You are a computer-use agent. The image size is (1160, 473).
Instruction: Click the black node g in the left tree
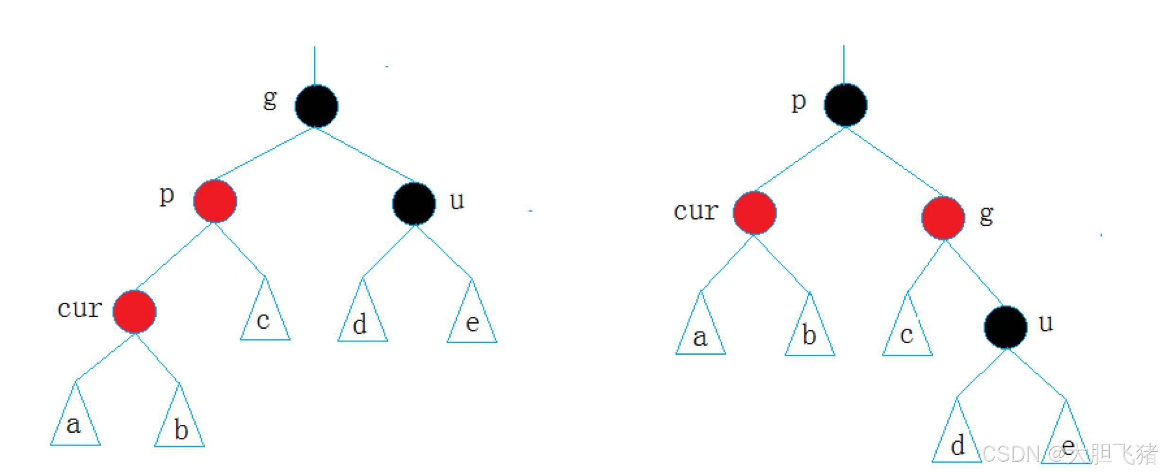pyautogui.click(x=316, y=106)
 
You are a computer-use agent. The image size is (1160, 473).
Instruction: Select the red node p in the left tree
pyautogui.click(x=215, y=201)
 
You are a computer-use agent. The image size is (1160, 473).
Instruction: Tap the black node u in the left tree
pyautogui.click(x=414, y=203)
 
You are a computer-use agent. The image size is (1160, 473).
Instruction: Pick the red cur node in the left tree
pyautogui.click(x=134, y=312)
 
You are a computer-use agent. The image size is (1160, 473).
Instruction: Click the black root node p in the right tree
pyautogui.click(x=846, y=105)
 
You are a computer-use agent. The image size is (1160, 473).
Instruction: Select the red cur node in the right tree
pyautogui.click(x=754, y=213)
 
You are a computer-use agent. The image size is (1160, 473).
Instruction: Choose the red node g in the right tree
pyautogui.click(x=943, y=218)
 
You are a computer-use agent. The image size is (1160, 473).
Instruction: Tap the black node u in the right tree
pyautogui.click(x=1005, y=327)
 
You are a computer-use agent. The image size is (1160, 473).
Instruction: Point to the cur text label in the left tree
pyautogui.click(x=79, y=309)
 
